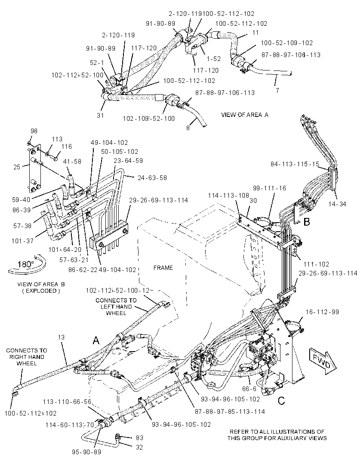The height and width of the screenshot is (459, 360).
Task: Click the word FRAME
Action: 163,268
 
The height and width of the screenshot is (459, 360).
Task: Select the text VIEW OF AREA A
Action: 245,115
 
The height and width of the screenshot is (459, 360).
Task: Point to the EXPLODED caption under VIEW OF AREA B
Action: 41,291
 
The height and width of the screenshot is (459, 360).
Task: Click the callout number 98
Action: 34,131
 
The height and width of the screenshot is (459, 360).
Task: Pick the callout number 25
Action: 17,167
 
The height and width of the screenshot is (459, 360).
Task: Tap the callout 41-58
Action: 72,161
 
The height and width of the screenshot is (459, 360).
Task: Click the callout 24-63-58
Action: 152,177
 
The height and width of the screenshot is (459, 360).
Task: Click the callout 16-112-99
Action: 322,312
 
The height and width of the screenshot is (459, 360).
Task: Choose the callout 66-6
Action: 249,389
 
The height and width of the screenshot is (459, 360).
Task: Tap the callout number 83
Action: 139,438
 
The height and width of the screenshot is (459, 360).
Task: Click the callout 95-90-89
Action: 86,452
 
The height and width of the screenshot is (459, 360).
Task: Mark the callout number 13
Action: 61,337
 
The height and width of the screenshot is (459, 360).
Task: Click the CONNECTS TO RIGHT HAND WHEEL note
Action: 26,357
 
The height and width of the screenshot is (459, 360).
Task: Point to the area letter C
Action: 281,401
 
